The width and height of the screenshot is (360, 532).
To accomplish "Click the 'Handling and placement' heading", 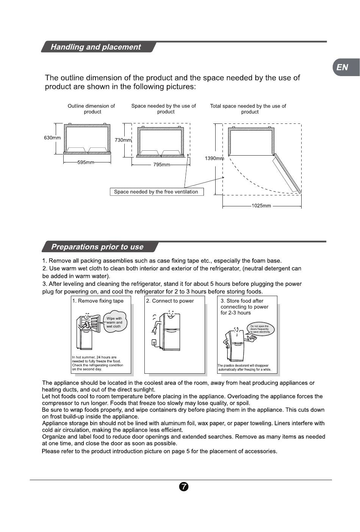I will point(95,47).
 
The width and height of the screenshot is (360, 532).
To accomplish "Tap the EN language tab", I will point(342,67).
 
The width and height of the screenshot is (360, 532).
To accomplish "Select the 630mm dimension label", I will point(52,138).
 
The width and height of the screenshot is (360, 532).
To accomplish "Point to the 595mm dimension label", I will point(86,162).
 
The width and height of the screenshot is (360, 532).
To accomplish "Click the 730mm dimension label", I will point(123,140).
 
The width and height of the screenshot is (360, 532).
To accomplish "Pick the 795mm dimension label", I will point(161,165).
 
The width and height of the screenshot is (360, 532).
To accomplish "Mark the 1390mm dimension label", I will point(214,158).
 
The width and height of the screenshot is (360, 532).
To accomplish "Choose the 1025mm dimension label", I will point(261,206).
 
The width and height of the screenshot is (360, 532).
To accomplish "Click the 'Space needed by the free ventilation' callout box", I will point(156,192).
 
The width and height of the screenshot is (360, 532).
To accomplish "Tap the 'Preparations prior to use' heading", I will point(97,247).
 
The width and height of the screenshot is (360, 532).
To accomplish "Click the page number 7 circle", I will point(183,487).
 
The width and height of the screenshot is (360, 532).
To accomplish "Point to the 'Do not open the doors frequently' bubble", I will point(260,329).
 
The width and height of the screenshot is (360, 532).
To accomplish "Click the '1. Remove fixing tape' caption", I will point(98,301).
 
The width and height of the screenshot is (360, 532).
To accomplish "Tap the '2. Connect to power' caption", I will point(170,301).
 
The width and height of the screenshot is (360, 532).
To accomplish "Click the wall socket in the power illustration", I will point(154,343).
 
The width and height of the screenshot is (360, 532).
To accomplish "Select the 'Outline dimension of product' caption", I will point(91,109).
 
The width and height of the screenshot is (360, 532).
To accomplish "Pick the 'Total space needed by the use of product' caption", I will point(248,109).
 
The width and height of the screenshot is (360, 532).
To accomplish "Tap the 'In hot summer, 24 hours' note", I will point(97,363).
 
